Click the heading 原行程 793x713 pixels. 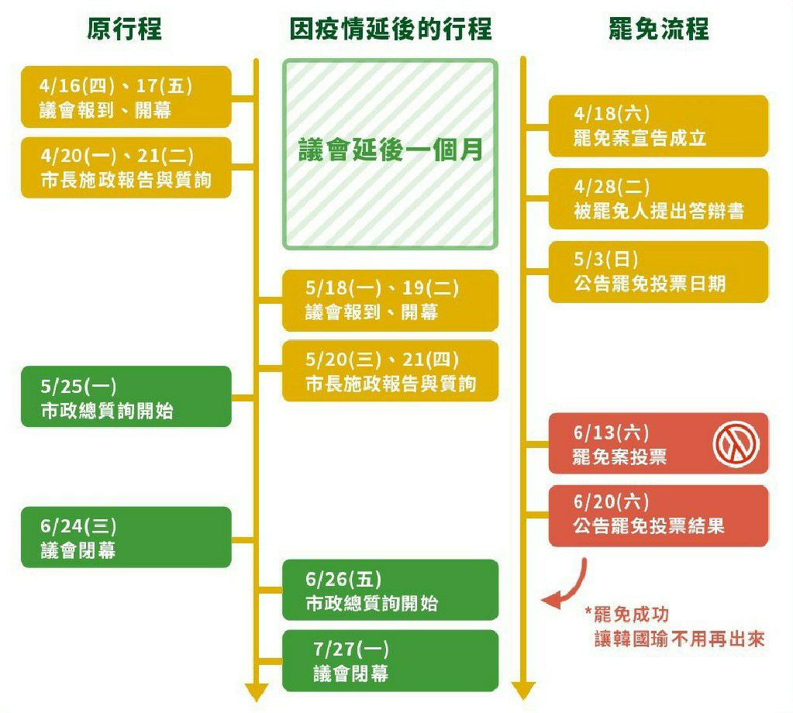(125, 29)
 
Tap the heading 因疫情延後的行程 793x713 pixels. (391, 29)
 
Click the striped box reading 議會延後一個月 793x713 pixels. (390, 154)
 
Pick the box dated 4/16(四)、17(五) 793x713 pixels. (126, 97)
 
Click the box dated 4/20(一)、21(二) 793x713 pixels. (126, 167)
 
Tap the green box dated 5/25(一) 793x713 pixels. (126, 397)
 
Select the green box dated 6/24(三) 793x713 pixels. (126, 537)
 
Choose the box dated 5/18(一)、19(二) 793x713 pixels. (390, 300)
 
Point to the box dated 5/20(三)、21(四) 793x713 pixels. (390, 370)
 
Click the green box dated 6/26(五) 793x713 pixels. (390, 590)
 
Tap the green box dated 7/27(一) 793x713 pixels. (390, 660)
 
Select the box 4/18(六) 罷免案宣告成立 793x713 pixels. (658, 126)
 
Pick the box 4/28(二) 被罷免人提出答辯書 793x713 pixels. (658, 198)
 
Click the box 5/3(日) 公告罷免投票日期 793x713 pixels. (658, 271)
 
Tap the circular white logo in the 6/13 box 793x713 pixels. (736, 444)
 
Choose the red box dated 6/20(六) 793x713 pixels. (658, 515)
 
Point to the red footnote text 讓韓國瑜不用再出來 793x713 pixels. (679, 639)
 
